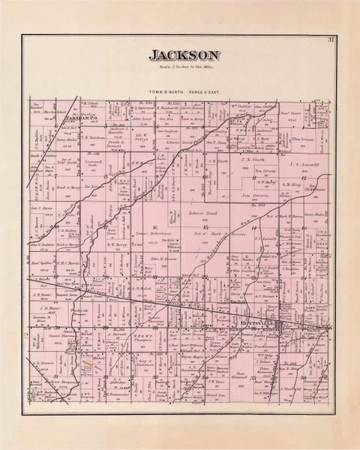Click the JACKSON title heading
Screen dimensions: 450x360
point(184,55)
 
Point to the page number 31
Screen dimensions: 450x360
point(331,40)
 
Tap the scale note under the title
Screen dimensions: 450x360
point(184,67)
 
